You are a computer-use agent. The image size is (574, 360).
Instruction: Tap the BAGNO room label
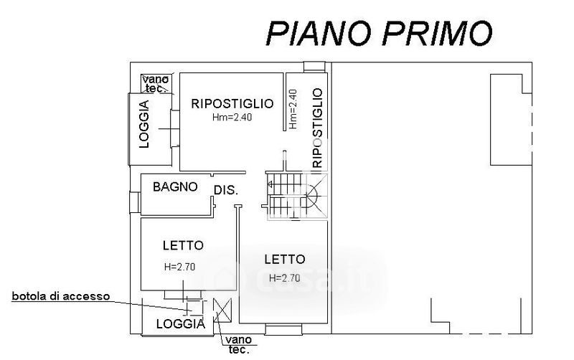[x=175, y=187]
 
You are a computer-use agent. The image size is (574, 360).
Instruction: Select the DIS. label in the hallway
[x=225, y=190]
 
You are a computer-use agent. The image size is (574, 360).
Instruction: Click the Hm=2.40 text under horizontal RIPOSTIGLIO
[x=232, y=118]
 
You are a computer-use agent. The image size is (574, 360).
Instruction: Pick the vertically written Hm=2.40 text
[x=292, y=109]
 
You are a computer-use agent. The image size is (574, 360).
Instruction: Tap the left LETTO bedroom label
[x=183, y=245]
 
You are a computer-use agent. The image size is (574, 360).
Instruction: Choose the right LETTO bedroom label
[x=284, y=259]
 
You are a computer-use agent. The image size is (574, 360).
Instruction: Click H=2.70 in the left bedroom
[x=180, y=267]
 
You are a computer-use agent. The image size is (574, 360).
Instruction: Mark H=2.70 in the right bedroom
[x=282, y=278]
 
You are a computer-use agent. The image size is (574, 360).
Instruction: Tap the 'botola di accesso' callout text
[x=60, y=295]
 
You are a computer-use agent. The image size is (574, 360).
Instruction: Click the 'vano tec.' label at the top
[x=155, y=83]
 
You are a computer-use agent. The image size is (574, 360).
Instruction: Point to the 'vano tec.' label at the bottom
[x=237, y=344]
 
